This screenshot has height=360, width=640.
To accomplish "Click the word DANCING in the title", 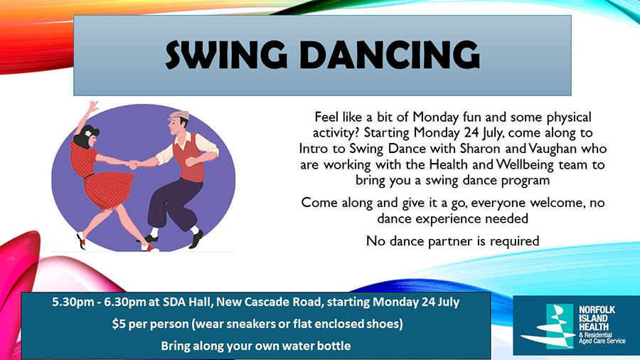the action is [390, 55].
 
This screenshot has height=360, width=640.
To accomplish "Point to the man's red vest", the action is [188, 157].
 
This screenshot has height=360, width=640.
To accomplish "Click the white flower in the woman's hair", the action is [87, 133].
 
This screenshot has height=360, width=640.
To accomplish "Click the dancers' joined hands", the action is [133, 165].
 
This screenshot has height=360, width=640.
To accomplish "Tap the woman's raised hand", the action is [93, 107].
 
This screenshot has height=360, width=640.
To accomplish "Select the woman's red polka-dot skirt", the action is [108, 190].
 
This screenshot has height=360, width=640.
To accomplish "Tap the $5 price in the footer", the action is [117, 324].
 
